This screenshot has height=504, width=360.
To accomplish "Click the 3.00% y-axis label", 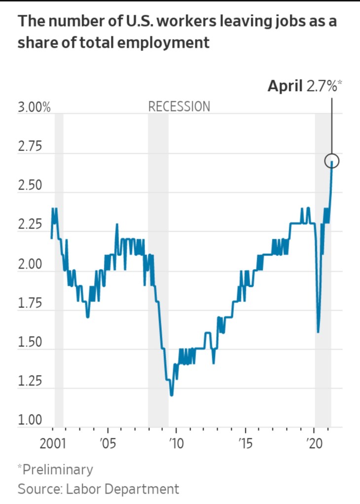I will click(35, 107).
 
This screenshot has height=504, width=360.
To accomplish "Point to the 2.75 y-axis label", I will click(31, 147).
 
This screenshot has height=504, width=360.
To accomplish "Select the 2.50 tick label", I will click(31, 187).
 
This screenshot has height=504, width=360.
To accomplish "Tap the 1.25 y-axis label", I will click(31, 382).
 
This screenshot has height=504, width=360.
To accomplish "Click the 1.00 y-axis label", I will click(31, 421).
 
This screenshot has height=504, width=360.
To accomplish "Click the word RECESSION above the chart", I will click(179, 106).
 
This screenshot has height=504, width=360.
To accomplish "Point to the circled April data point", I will click(332, 161).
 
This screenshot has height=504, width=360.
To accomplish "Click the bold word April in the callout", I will click(285, 87).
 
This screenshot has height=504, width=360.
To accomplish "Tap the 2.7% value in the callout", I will click(323, 87).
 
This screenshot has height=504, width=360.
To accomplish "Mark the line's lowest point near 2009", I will click(171, 395).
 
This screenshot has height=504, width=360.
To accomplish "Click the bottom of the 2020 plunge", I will click(318, 332).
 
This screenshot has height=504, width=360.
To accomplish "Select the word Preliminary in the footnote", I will click(57, 470).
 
